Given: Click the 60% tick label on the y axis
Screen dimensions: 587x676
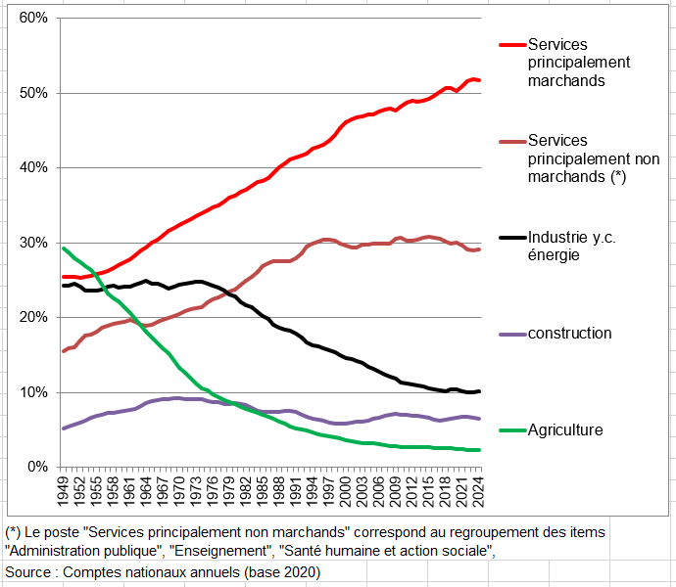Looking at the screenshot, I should pyautogui.click(x=33, y=19).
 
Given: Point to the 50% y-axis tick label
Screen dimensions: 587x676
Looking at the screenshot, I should pyautogui.click(x=33, y=93).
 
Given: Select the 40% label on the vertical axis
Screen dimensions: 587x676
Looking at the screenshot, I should pyautogui.click(x=33, y=167).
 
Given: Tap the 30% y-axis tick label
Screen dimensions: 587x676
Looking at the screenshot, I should pyautogui.click(x=33, y=243).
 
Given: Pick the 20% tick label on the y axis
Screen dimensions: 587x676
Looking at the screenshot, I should pyautogui.click(x=33, y=317).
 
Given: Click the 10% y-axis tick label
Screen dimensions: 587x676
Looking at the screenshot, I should pyautogui.click(x=33, y=392).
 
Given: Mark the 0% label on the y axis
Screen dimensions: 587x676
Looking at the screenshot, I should pyautogui.click(x=37, y=467).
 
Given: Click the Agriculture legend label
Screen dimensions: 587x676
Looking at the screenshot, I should pyautogui.click(x=564, y=429).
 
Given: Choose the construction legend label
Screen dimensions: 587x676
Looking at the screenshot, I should pyautogui.click(x=569, y=334).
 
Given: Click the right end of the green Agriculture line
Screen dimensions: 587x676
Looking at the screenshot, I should pyautogui.click(x=478, y=450).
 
